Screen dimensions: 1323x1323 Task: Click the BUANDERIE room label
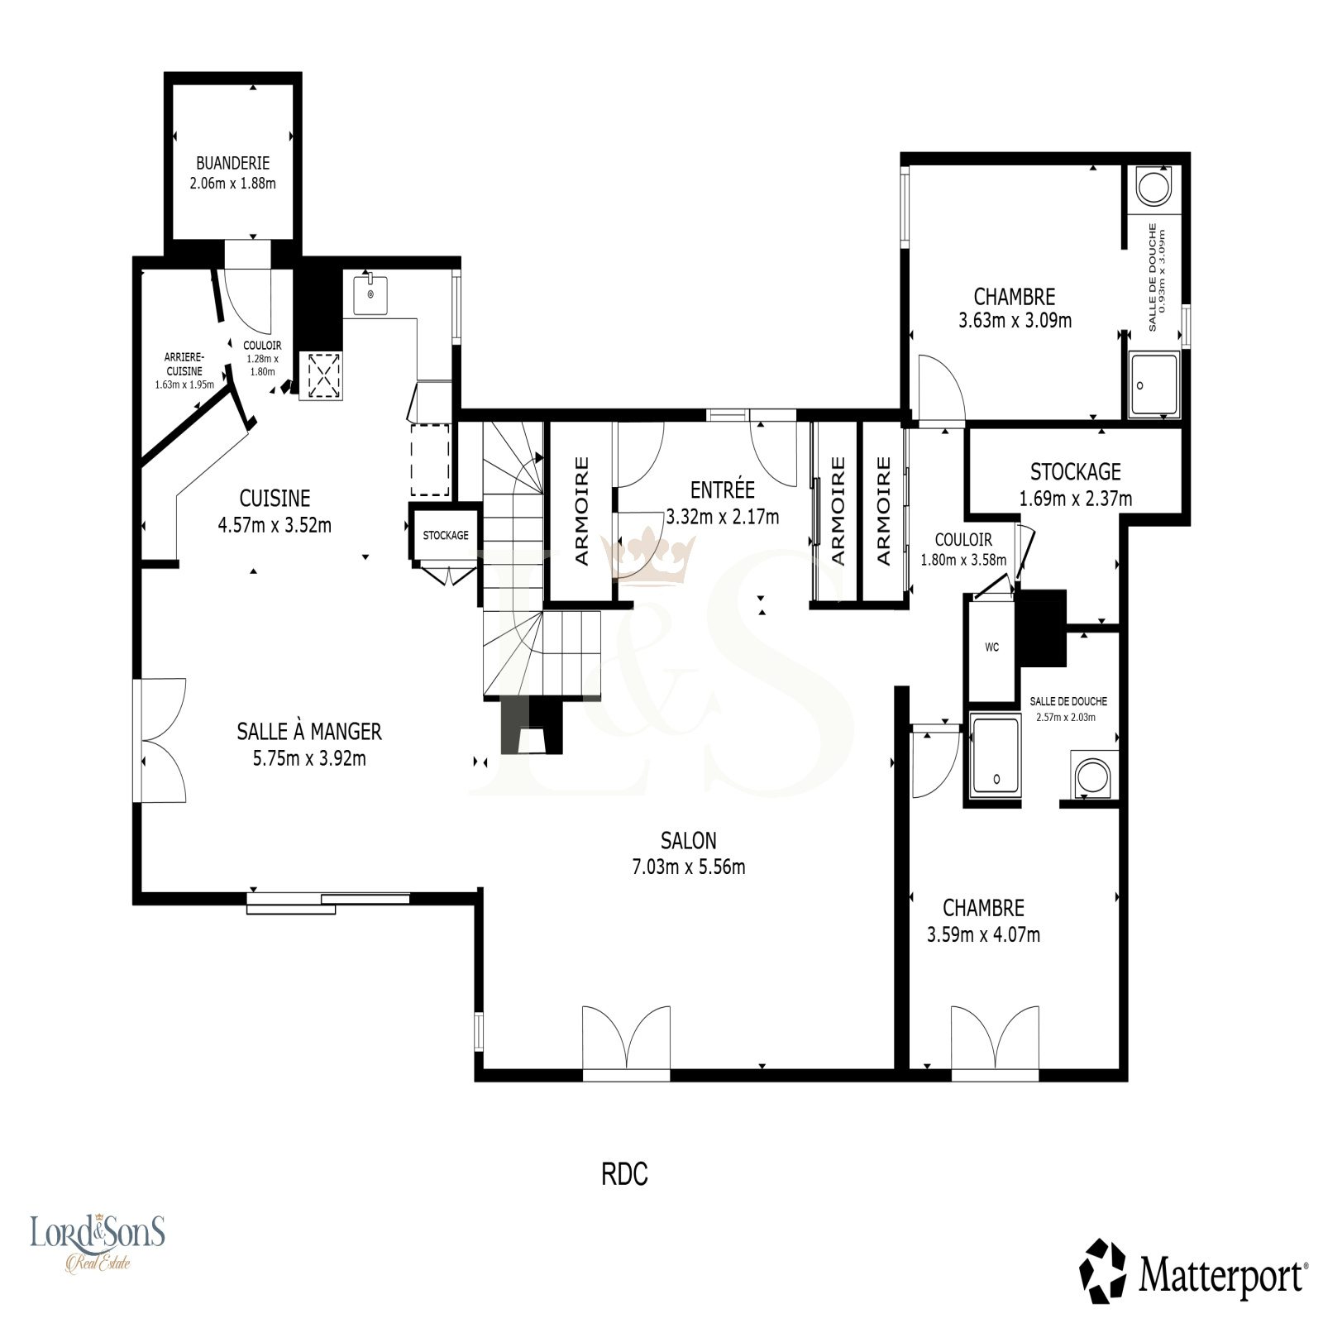coord(232,163)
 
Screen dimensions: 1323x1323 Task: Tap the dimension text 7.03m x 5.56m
coord(689,867)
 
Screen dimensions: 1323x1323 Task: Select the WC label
coord(992,647)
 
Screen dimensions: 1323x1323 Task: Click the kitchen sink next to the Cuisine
coord(370,294)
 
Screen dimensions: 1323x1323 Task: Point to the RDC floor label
coord(624,1174)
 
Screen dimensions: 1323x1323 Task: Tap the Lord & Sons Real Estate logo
coord(98,1241)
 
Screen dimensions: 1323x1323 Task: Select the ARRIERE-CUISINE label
coord(184,365)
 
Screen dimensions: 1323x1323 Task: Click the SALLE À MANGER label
coord(309,732)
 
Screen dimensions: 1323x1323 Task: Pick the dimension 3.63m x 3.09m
coord(1015,321)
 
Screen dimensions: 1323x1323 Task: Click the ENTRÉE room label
coord(723,490)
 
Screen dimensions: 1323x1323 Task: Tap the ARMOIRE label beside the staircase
coord(581,511)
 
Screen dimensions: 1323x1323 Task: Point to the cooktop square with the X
coord(320,376)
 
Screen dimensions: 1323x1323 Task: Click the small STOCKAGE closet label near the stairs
coord(446,536)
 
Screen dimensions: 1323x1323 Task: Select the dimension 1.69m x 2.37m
coord(1075,499)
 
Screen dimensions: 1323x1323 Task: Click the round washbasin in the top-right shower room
coord(1153,187)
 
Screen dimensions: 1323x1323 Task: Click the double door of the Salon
coord(626,1042)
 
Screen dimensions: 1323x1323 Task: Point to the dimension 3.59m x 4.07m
coord(983,935)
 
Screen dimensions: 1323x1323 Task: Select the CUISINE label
coord(275,498)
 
